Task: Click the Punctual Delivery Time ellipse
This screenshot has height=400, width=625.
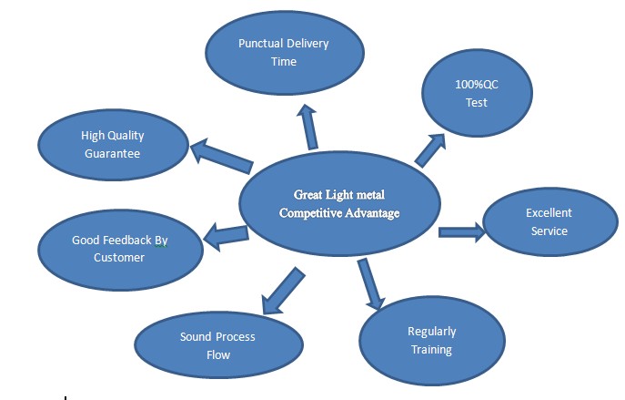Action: pyautogui.click(x=283, y=52)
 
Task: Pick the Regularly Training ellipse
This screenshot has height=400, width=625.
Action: pyautogui.click(x=431, y=339)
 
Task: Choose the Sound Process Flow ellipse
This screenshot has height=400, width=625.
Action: pyautogui.click(x=217, y=344)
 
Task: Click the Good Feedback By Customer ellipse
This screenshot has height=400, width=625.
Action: pyautogui.click(x=119, y=249)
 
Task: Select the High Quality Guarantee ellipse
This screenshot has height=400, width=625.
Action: pyautogui.click(x=112, y=144)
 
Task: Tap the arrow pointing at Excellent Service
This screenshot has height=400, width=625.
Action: pyautogui.click(x=462, y=232)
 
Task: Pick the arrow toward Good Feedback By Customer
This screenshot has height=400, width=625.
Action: pyautogui.click(x=226, y=236)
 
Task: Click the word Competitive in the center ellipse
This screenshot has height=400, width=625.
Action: pyautogui.click(x=307, y=213)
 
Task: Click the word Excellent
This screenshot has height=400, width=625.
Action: pyautogui.click(x=549, y=213)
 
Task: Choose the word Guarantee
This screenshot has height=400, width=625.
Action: pyautogui.click(x=112, y=153)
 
